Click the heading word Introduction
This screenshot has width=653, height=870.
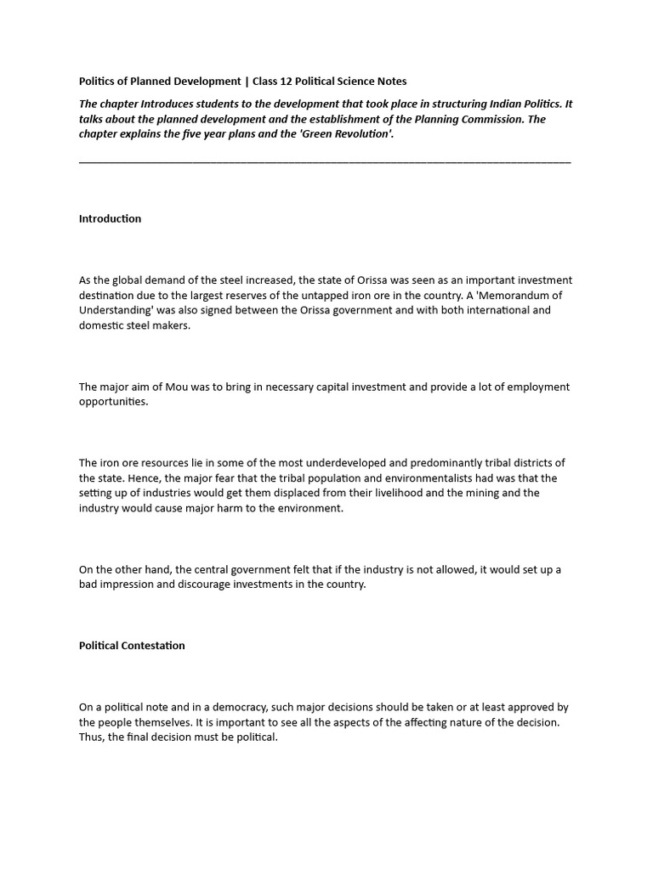tap(110, 219)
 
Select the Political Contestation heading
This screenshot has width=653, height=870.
tap(132, 646)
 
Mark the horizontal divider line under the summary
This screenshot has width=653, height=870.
tap(325, 161)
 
